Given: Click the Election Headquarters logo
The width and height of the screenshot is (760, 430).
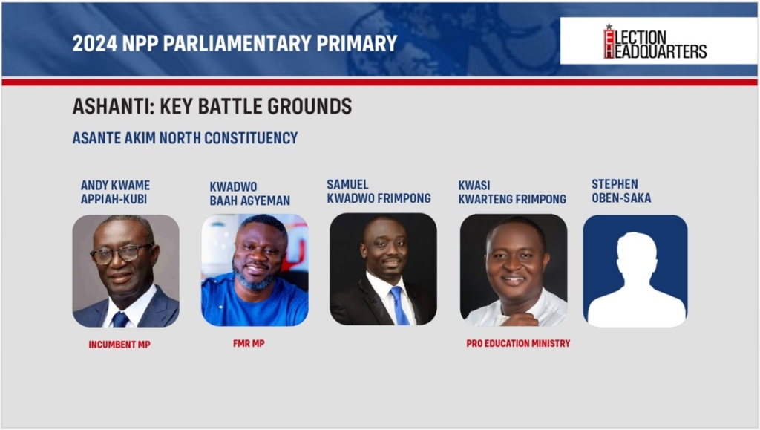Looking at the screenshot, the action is click(x=655, y=42).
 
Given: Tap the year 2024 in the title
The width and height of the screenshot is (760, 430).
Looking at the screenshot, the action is click(x=94, y=43).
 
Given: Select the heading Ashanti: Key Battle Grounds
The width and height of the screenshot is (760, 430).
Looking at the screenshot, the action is click(x=212, y=106).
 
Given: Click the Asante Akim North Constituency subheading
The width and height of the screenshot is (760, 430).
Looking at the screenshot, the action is click(x=185, y=138).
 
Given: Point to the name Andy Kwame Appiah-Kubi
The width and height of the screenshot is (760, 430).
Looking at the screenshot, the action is click(x=115, y=192).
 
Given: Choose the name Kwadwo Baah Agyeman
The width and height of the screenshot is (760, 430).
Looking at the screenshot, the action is click(x=249, y=193).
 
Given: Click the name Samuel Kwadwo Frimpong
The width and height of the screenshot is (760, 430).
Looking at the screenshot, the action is click(x=379, y=192).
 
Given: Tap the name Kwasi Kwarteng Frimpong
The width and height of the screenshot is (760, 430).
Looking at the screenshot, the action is click(x=512, y=192).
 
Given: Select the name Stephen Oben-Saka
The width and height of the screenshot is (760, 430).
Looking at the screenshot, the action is click(x=621, y=191).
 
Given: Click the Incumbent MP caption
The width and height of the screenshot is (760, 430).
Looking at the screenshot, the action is click(x=119, y=345).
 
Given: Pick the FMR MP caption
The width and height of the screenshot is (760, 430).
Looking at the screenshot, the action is click(x=249, y=343).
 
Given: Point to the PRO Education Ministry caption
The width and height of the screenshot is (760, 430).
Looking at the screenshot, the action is click(x=518, y=343).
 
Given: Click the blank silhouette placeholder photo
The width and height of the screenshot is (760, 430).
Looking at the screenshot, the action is click(x=635, y=270).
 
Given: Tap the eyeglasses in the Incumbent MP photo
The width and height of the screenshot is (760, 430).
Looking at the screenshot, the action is click(x=122, y=254).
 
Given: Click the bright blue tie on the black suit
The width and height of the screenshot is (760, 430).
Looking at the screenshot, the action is click(x=399, y=305).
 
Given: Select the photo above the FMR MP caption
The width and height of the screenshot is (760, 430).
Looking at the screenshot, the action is click(x=255, y=270).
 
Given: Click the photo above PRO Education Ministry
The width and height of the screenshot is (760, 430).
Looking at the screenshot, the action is click(x=514, y=270).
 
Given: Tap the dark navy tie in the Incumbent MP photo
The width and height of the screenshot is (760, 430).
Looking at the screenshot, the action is click(x=120, y=319).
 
